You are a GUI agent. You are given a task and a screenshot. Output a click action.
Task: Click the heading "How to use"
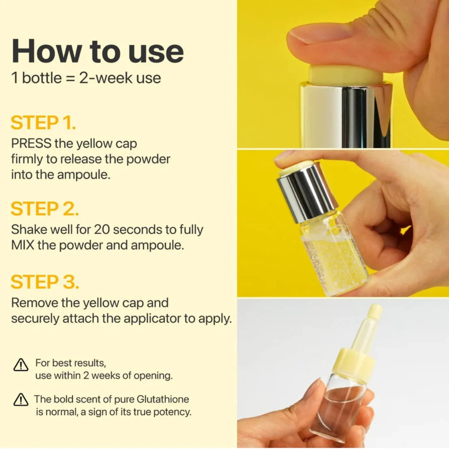(97, 52)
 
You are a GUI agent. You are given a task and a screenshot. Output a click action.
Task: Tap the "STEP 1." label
(43, 123)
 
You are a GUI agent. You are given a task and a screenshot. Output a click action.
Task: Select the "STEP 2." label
(44, 209)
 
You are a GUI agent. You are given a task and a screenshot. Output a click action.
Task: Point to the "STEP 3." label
(45, 282)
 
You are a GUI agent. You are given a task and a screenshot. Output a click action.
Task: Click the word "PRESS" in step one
(31, 143)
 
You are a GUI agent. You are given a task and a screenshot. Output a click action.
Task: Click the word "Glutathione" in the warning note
(163, 399)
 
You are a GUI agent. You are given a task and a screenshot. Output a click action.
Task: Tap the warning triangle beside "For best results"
(21, 365)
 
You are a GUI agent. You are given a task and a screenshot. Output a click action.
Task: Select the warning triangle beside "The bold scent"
(21, 400)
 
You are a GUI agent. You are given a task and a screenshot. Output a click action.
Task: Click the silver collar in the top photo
(345, 115)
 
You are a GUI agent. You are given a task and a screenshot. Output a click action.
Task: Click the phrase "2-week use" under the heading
(120, 78)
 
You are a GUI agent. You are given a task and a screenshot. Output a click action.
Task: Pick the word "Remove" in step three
(35, 303)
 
